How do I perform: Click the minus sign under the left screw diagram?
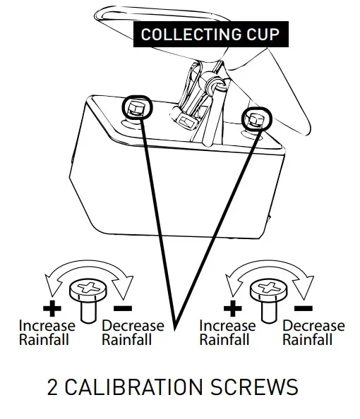tap(123, 308)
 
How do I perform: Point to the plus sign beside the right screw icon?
tap(234, 308)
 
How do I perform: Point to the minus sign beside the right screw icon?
tap(304, 308)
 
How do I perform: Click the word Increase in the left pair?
tap(47, 326)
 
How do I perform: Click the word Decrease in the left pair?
tap(133, 326)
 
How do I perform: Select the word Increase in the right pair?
tap(227, 326)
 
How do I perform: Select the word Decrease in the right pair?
tap(313, 326)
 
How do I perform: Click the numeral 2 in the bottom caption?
tap(53, 387)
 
